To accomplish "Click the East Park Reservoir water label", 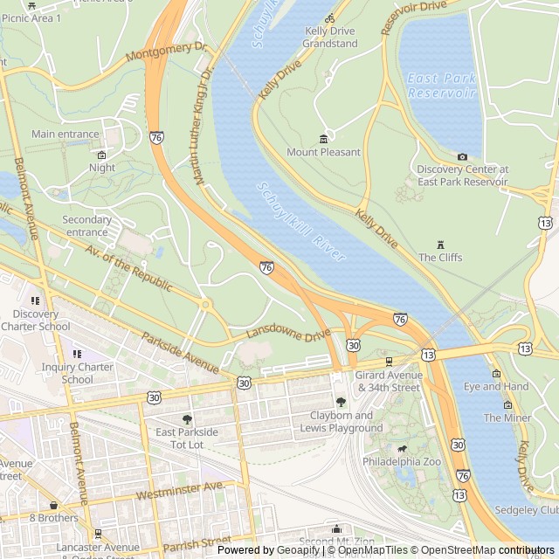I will tap(442, 85).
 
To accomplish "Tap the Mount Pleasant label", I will tap(323, 152).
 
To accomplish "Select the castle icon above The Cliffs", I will tap(441, 243).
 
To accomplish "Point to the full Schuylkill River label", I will tap(301, 222).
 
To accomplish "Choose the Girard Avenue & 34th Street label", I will tap(389, 381).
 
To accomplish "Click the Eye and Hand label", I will tap(496, 386).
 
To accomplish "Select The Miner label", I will tap(507, 418).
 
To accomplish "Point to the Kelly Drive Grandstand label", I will tap(330, 37).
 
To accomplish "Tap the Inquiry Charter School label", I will tap(78, 373).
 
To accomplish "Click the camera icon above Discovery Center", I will tap(462, 156).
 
